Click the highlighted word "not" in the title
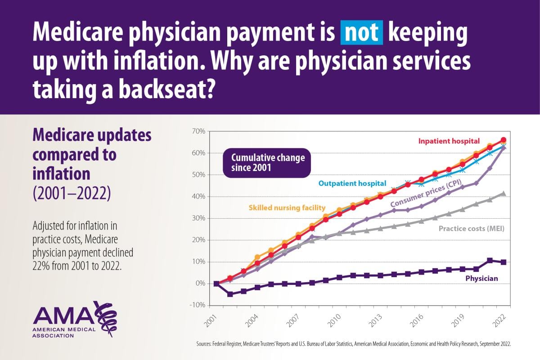pos(362,34)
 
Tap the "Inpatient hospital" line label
pos(449,141)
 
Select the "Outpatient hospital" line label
pos(352,183)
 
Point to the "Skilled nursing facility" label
pos(286,207)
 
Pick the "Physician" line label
pos(481,279)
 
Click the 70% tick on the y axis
pos(199,131)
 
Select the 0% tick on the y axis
pos(200,283)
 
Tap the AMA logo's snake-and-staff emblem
pos(107,318)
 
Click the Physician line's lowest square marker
pos(230,294)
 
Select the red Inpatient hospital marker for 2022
pos(504,140)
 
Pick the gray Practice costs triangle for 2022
pos(504,193)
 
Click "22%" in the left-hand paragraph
pos(40,265)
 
